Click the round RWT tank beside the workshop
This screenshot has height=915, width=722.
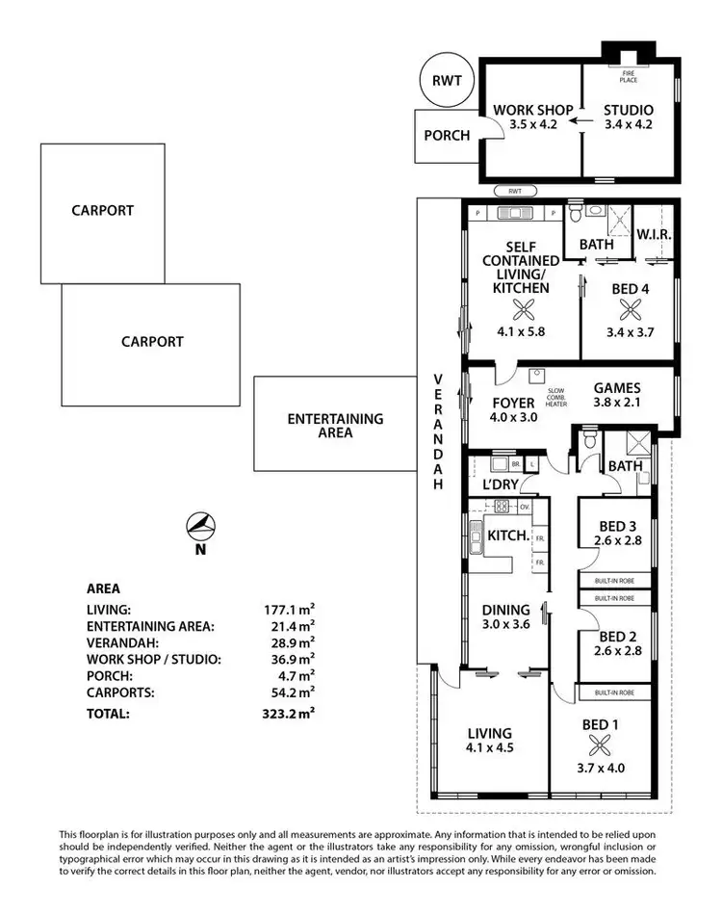pos(447,81)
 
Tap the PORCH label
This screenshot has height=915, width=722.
pos(447,135)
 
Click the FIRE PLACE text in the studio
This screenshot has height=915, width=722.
pos(628,76)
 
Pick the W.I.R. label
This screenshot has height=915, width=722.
pos(654,235)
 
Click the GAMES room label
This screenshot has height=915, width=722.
pos(617,389)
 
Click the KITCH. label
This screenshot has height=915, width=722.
pos(509,536)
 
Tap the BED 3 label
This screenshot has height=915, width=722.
pos(617,526)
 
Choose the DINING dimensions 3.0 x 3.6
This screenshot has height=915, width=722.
pos(506,624)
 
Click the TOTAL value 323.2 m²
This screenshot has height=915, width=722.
pos(290,715)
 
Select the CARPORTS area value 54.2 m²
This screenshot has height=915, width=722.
pos(290,692)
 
